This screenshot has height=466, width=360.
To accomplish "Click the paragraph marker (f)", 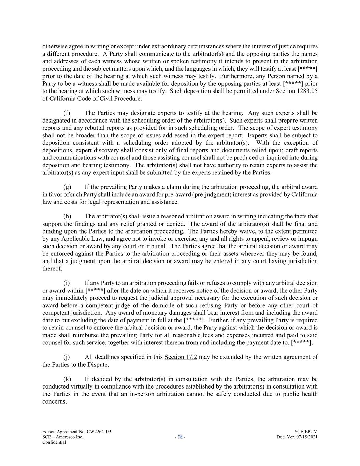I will click(67, 113).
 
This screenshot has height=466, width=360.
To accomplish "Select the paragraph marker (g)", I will click(67, 187).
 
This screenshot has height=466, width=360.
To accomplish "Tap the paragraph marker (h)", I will click(67, 216).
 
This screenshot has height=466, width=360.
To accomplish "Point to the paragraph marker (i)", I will click(67, 283).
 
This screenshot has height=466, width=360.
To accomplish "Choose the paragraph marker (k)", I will click(67, 379).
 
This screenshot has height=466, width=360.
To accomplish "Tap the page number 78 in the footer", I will click(180, 437).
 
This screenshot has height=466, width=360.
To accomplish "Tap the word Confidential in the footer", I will click(54, 442).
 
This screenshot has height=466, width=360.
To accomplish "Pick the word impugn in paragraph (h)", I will click(308, 239).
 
